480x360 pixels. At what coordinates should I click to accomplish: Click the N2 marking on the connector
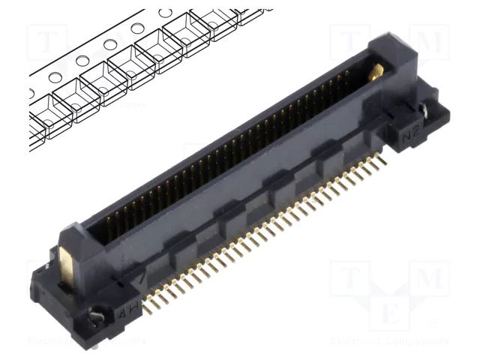point(409,135)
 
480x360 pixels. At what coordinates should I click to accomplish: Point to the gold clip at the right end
point(377,72)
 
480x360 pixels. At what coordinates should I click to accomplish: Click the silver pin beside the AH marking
point(96,317)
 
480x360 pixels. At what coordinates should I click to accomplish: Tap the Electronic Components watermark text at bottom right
point(390,341)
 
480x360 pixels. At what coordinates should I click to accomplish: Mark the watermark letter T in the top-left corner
point(49,45)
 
